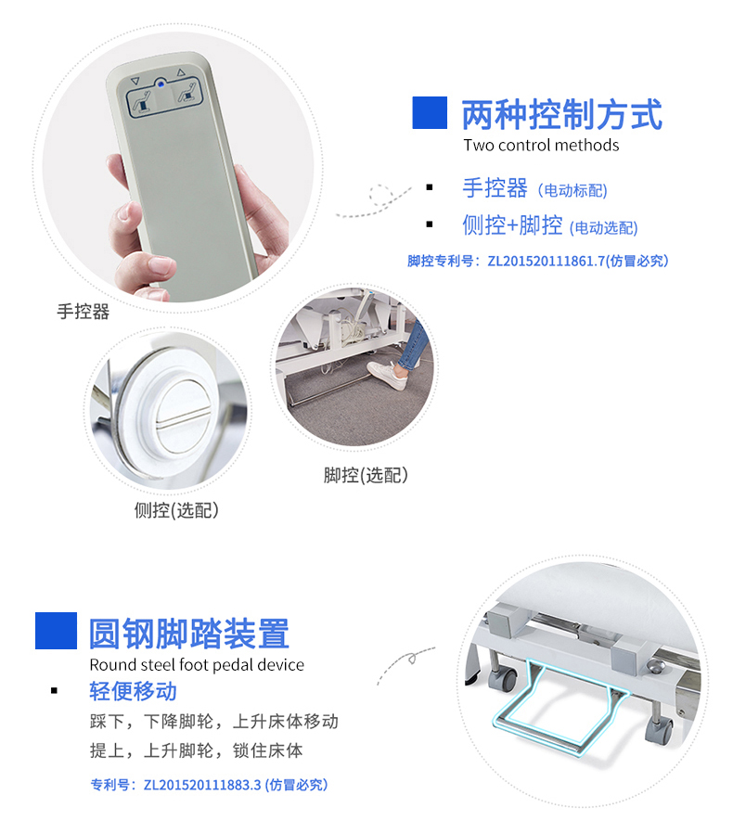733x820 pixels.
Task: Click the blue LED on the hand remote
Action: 161,82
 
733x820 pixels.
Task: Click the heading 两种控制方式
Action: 562,116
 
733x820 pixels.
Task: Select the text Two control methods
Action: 541,145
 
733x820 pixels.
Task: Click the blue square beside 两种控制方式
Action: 430,112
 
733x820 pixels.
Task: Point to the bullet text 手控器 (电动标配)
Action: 534,188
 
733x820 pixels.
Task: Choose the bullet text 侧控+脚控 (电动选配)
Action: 549,225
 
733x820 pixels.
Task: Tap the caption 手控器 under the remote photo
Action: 83,312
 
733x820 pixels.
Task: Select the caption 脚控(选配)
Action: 366,475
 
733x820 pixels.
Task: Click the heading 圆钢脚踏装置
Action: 189,634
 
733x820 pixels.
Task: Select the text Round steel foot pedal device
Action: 197,664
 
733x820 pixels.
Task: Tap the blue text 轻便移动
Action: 133,691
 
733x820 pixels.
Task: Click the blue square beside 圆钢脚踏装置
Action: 56,631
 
